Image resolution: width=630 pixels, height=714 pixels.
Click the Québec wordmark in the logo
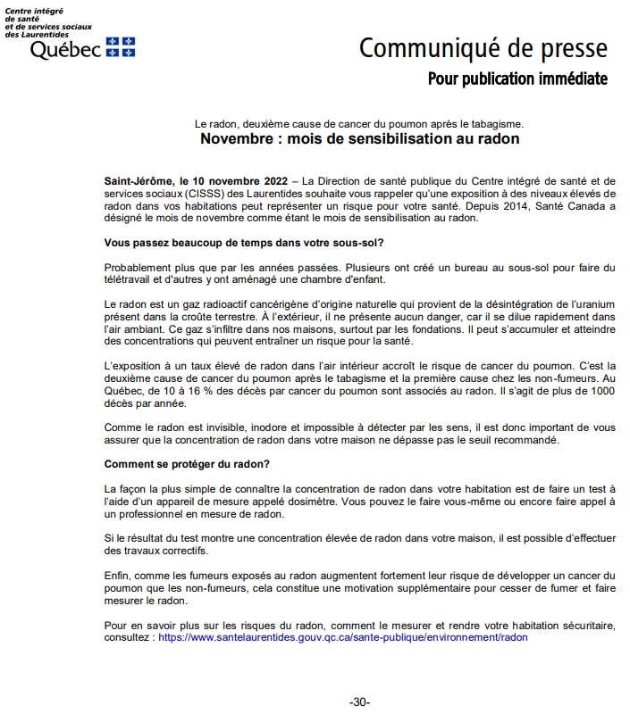pos(66,50)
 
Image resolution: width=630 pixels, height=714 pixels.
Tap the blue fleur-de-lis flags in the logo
pos(121,46)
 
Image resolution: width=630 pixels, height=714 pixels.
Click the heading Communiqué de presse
pos(483,48)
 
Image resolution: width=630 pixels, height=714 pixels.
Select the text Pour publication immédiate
pos(517,79)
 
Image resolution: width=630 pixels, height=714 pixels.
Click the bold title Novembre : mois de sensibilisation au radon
pos(359,139)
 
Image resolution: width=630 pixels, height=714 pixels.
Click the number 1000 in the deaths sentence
pos(601,392)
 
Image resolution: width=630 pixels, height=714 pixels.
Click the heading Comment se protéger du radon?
pos(187,464)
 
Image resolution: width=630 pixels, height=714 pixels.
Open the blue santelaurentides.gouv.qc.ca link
pos(343,638)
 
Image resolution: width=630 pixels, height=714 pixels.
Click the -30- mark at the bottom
pos(359,702)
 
